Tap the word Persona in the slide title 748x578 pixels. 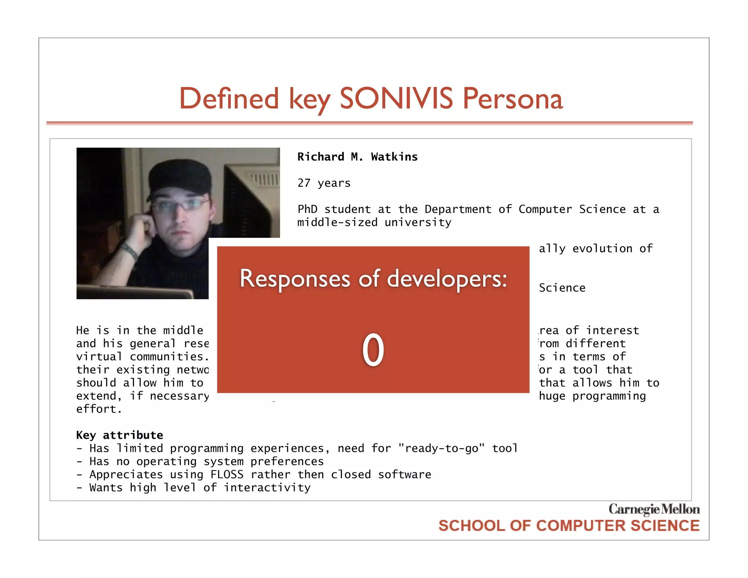click(x=513, y=99)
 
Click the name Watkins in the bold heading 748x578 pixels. click(x=394, y=157)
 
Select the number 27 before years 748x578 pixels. click(x=304, y=183)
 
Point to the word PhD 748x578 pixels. click(x=307, y=209)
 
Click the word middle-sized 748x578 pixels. click(x=337, y=223)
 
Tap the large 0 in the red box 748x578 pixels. click(x=373, y=350)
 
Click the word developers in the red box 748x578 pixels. click(x=447, y=279)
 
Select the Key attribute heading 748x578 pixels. click(x=119, y=435)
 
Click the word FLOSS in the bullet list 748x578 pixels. click(x=227, y=475)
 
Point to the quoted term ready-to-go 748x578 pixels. click(x=441, y=448)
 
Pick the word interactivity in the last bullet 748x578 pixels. click(x=267, y=488)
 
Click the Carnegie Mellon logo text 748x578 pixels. click(x=654, y=509)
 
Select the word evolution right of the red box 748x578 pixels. click(x=602, y=249)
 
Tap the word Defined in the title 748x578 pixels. click(x=229, y=99)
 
